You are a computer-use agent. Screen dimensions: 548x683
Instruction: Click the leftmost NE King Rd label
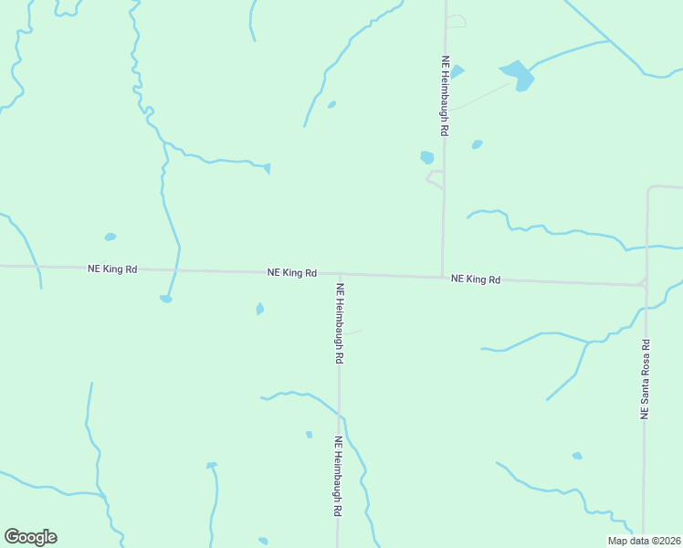[112, 269]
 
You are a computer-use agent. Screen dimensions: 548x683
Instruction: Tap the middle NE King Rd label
[292, 272]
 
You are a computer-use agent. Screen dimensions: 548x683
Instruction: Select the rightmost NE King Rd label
[476, 279]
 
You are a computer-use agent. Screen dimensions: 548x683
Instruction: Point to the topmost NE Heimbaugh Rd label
[445, 96]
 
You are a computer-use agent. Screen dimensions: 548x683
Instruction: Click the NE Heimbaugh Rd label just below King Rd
[340, 323]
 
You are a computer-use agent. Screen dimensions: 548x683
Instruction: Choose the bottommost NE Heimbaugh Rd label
[338, 477]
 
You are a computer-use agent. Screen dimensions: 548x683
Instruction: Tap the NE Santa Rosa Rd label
[645, 379]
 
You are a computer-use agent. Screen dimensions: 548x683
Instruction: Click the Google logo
[30, 537]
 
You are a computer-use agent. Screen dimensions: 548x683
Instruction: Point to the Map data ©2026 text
[643, 541]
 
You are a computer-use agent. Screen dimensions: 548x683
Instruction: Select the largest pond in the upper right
[518, 74]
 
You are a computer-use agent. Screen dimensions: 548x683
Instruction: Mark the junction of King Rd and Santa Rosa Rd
[645, 285]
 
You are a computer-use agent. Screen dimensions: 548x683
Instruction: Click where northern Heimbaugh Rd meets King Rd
[443, 276]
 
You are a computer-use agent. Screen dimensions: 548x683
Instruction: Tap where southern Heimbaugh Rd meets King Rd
[340, 274]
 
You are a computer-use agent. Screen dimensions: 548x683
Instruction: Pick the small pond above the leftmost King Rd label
[110, 237]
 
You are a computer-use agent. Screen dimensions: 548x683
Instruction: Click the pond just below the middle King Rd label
[260, 309]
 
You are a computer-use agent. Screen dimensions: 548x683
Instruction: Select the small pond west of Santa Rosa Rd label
[577, 455]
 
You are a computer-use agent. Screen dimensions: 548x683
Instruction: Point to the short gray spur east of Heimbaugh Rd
[352, 332]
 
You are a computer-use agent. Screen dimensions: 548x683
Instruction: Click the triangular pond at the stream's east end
[267, 168]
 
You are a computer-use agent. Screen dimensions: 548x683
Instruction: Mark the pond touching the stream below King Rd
[165, 299]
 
